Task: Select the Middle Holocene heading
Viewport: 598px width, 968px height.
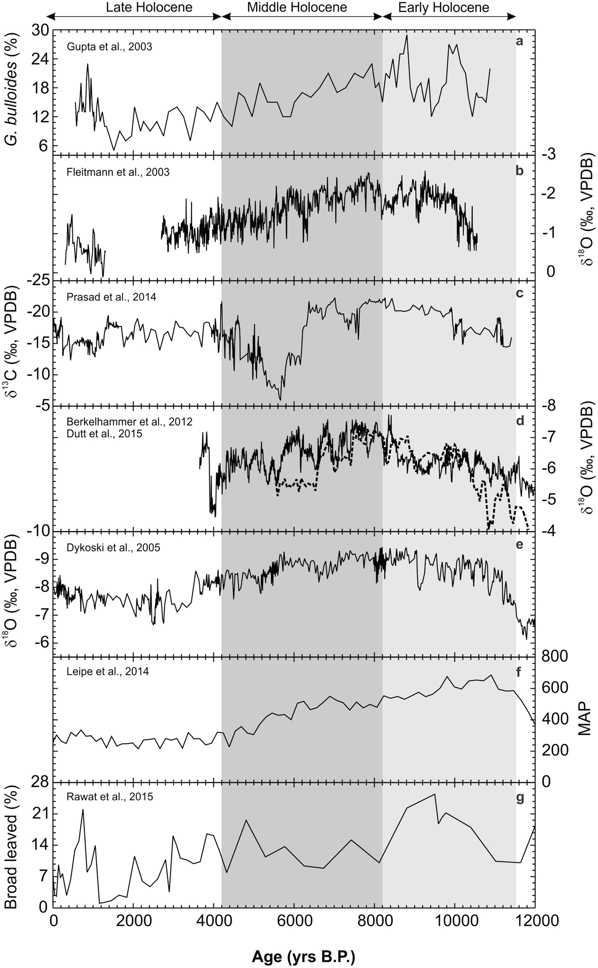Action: click(x=297, y=7)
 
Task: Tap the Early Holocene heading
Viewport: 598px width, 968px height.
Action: click(x=444, y=7)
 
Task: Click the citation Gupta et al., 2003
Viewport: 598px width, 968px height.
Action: click(x=109, y=47)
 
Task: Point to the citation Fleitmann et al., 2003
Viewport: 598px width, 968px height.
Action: click(x=118, y=172)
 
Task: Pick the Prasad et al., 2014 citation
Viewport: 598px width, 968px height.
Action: click(x=111, y=297)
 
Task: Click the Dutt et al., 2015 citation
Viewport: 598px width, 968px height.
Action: click(x=105, y=434)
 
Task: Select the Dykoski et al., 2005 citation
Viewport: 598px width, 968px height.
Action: click(x=113, y=547)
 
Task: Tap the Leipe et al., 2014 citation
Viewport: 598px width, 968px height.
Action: click(x=108, y=671)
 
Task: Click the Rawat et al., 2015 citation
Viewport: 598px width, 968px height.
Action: click(x=110, y=796)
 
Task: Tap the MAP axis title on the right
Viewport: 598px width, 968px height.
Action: click(x=584, y=718)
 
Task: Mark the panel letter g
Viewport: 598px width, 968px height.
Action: click(x=520, y=798)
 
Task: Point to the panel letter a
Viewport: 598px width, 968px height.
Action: click(x=519, y=41)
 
